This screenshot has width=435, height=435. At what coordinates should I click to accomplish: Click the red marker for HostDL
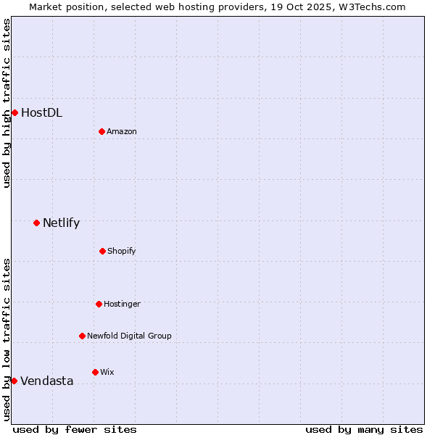pos(14,112)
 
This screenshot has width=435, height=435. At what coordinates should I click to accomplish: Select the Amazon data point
pos(101,131)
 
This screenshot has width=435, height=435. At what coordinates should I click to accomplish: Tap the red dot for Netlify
pos(36,223)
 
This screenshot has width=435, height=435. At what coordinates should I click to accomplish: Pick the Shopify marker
pos(102,251)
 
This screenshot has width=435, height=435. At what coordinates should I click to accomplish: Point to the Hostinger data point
pos(99,304)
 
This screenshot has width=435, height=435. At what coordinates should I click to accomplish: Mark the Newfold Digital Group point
pos(82,336)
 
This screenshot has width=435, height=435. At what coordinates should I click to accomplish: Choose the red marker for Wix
pos(95,372)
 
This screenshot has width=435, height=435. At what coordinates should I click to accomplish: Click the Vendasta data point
pos(14,381)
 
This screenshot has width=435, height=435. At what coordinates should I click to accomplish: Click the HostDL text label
pos(41,112)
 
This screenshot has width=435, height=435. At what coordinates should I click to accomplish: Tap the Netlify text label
pos(61,223)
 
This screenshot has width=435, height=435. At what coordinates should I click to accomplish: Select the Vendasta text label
pos(46,381)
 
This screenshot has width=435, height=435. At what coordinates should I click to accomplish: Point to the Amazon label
pos(122,131)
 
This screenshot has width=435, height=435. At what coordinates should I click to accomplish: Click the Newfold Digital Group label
pos(129,336)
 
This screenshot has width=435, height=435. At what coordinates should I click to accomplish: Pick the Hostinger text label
pos(122,304)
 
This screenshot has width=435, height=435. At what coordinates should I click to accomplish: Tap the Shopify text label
pos(122,251)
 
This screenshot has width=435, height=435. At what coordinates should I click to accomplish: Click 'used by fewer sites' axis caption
pos(75,429)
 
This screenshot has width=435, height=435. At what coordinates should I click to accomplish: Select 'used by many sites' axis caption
pos(364,429)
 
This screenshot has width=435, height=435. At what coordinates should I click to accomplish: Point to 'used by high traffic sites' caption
pos(7,103)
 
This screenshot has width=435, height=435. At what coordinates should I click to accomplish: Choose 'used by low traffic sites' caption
pos(7,339)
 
